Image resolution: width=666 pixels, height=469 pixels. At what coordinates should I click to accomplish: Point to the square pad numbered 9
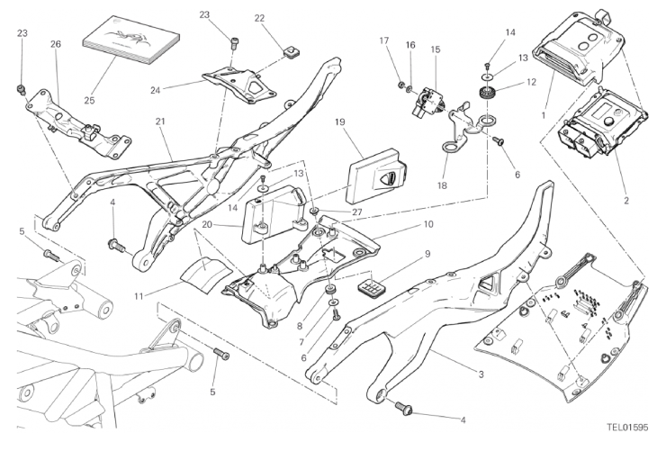pyautogui.click(x=369, y=284)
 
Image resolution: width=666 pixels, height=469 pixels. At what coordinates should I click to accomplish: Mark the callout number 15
pyautogui.click(x=435, y=50)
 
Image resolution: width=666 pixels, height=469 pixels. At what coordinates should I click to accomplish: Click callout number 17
pyautogui.click(x=383, y=41)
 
